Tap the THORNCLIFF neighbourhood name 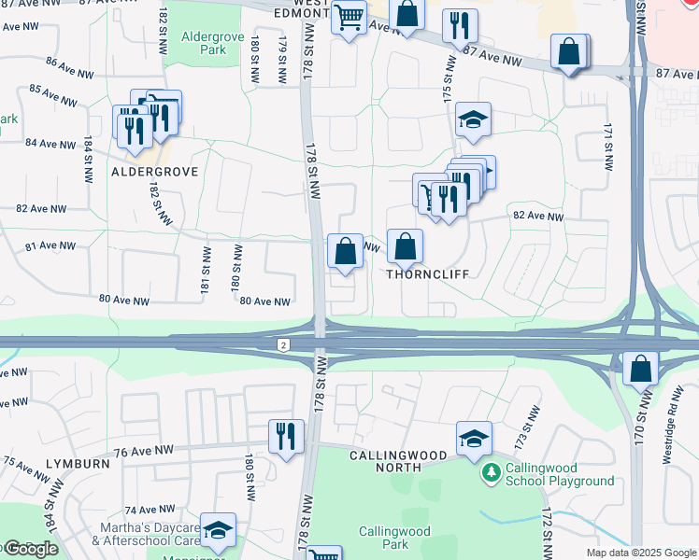(x=426, y=275)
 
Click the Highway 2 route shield (x=282, y=344)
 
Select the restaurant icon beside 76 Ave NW (x=286, y=436)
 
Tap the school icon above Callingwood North (x=474, y=438)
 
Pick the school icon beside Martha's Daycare (x=218, y=531)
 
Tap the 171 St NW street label (x=608, y=147)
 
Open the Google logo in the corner (x=30, y=549)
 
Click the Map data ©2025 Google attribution (x=640, y=553)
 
